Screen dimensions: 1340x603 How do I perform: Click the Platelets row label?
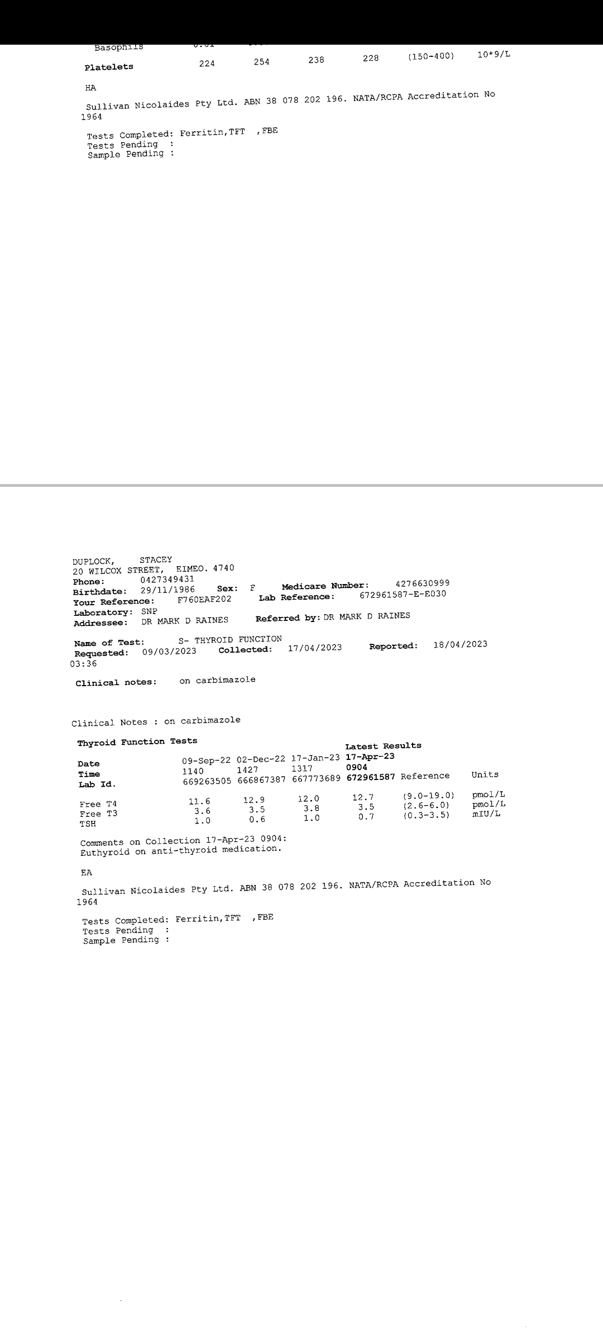tap(109, 67)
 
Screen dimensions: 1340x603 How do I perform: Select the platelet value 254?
tap(261, 62)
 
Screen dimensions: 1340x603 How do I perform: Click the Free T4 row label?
tap(98, 804)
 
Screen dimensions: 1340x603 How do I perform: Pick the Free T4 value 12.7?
tap(363, 797)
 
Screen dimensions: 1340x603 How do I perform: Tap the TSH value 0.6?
tap(257, 820)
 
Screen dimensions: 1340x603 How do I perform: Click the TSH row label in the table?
tap(88, 824)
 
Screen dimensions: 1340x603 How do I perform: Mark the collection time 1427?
tap(247, 770)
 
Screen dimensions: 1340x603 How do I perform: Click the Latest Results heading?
tap(383, 746)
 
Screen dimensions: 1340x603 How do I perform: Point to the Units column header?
tap(485, 774)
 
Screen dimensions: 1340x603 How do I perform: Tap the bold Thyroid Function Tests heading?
tap(137, 742)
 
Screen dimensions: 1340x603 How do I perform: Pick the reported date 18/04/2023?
tap(460, 644)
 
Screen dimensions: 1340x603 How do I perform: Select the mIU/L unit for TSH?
tap(485, 813)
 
